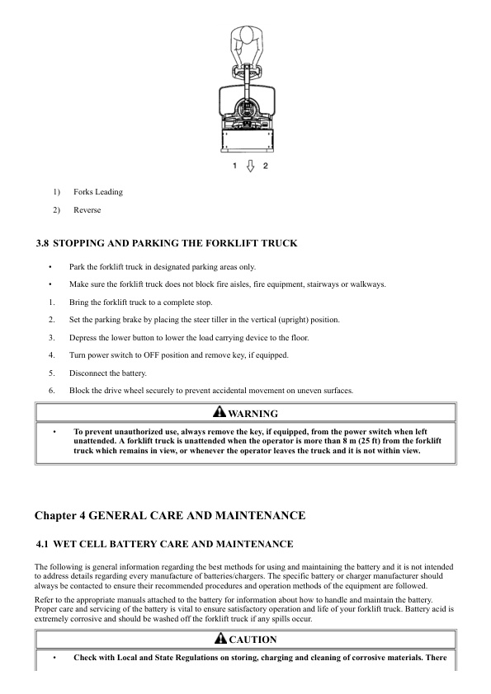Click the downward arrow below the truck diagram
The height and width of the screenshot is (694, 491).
click(x=249, y=166)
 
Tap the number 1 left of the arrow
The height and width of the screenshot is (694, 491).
click(x=235, y=166)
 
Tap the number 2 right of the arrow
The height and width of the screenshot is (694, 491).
click(x=265, y=166)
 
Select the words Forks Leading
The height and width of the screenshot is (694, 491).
click(x=97, y=192)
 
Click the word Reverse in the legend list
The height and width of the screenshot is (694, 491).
click(x=87, y=210)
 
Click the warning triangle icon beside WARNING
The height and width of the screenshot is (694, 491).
click(x=218, y=412)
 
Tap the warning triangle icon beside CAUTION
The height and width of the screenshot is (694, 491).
click(x=220, y=639)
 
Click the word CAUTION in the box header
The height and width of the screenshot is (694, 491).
click(x=253, y=640)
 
